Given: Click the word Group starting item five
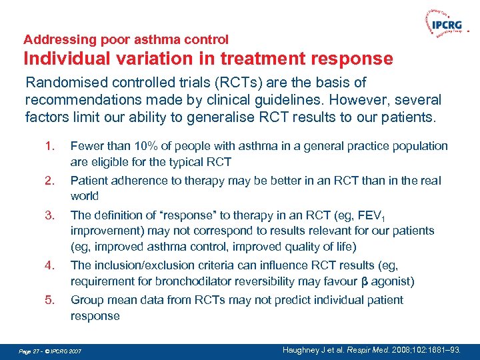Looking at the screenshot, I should coord(86,301).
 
